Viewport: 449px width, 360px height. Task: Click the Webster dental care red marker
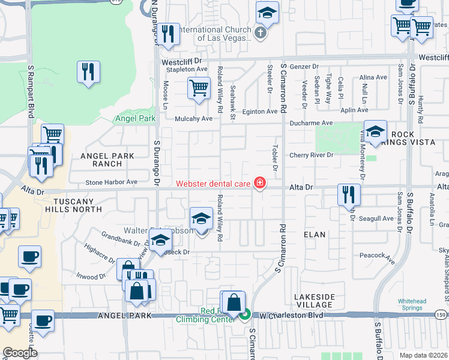pos(260,182)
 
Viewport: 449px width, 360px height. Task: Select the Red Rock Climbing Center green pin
pos(245,313)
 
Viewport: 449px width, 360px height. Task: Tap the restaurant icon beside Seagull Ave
pos(348,194)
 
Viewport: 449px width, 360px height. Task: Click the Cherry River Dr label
pos(311,155)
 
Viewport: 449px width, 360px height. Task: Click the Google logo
pos(19,353)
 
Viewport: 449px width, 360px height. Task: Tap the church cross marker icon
pos(260,33)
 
